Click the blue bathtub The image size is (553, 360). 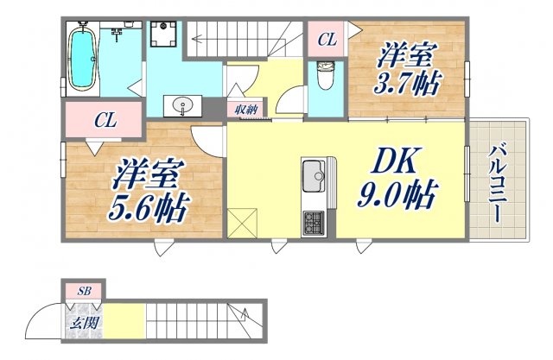point(84,56)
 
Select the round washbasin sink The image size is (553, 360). point(183,106)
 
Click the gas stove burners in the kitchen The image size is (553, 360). point(312,224)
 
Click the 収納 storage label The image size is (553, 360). point(246,109)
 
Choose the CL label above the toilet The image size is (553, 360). point(327,39)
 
